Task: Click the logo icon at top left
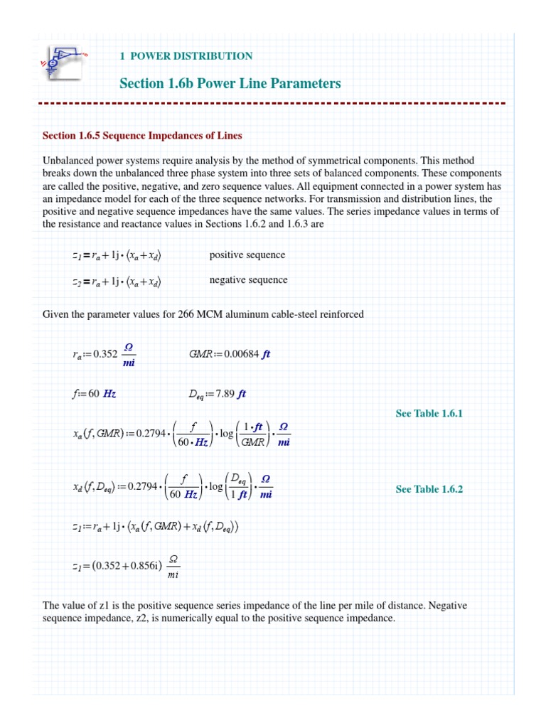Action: [x=63, y=63]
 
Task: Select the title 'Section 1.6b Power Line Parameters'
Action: [x=230, y=84]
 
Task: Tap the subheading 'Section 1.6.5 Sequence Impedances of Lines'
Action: [x=142, y=135]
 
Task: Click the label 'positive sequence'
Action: [x=247, y=255]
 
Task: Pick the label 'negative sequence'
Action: [x=248, y=280]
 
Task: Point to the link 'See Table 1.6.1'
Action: [x=429, y=413]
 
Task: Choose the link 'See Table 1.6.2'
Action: [x=429, y=489]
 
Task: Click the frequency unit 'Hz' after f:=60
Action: [x=109, y=394]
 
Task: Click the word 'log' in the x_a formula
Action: [x=227, y=434]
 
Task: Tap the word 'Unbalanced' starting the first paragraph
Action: [x=68, y=161]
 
